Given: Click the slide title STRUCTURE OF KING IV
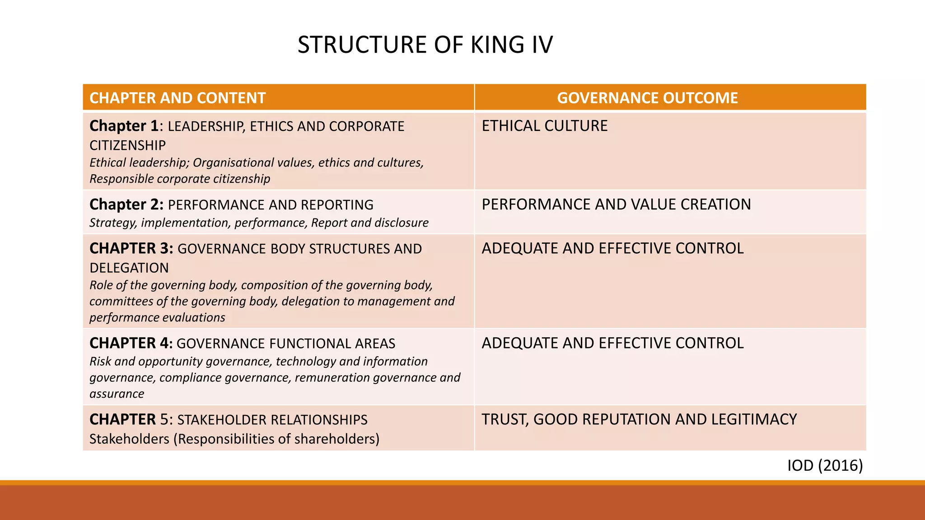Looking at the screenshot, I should tap(425, 45).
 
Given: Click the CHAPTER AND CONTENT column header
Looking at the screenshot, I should tap(178, 98).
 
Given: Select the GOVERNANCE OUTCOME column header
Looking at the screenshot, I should tap(647, 98).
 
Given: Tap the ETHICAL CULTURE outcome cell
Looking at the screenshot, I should tap(545, 126).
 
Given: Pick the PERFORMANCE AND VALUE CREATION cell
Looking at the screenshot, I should tap(616, 204).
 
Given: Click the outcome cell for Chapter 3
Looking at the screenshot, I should tap(612, 248).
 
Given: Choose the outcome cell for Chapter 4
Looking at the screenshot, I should tap(612, 343).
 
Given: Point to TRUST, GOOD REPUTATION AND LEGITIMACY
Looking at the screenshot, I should tap(639, 419).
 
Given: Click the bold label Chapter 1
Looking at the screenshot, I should tap(124, 126).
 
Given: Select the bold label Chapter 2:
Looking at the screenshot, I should tap(126, 204).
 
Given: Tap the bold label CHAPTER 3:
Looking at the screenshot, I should tap(131, 248).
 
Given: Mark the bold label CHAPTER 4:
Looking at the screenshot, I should tap(131, 343).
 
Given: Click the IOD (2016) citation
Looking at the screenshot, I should tap(825, 465).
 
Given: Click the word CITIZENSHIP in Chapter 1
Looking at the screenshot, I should tap(127, 145).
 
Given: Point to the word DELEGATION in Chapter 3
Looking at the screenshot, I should tap(129, 268).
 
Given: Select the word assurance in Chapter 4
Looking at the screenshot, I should tap(117, 394).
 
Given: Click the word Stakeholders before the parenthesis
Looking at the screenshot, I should tap(129, 439).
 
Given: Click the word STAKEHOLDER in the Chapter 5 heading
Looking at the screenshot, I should tap(222, 420).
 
